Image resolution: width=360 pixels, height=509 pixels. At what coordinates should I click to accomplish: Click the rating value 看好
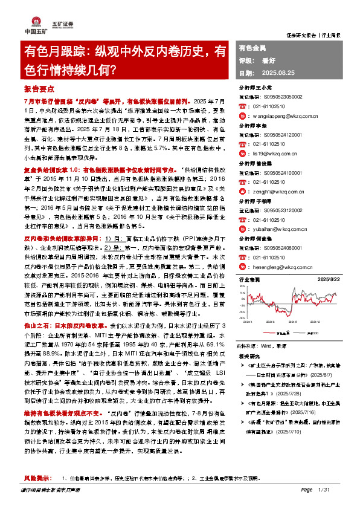(x=268, y=60)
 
